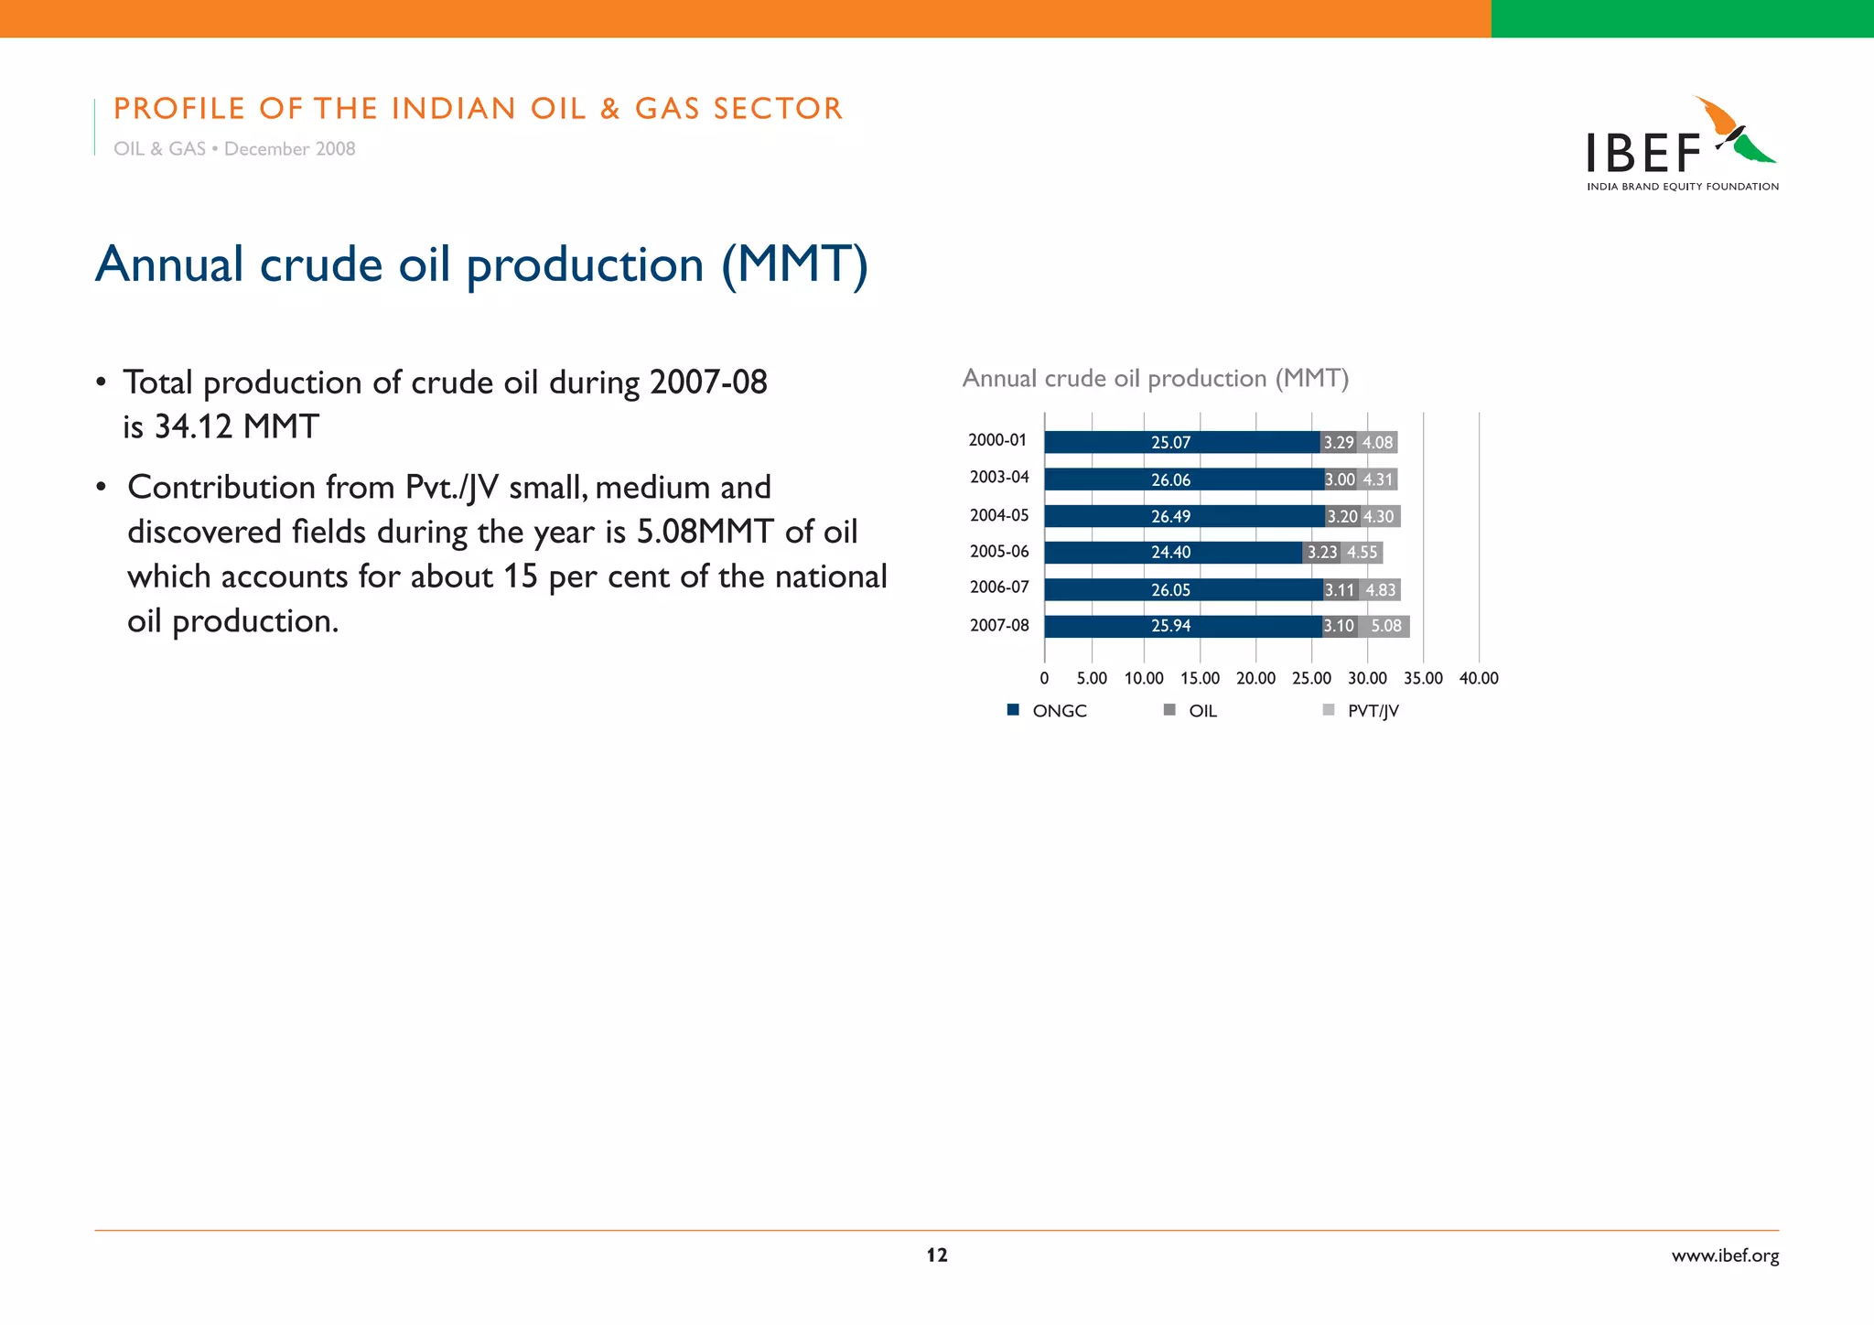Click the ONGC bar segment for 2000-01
pos(1180,443)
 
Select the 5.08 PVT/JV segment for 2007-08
pos(1385,627)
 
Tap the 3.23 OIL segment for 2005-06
pos(1321,553)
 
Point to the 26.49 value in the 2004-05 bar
pos(1170,517)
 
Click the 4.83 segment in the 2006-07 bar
pos(1380,590)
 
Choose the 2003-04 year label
pos(999,478)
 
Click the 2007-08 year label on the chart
pos(999,626)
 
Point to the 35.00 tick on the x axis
pos(1423,678)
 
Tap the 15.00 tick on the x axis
pos(1200,678)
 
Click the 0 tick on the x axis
pos(1044,678)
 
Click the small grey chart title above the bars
pos(1155,378)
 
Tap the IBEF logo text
pos(1643,153)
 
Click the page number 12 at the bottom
pos(937,1255)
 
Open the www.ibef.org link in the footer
pos(1725,1255)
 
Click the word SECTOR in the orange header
pos(778,108)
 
